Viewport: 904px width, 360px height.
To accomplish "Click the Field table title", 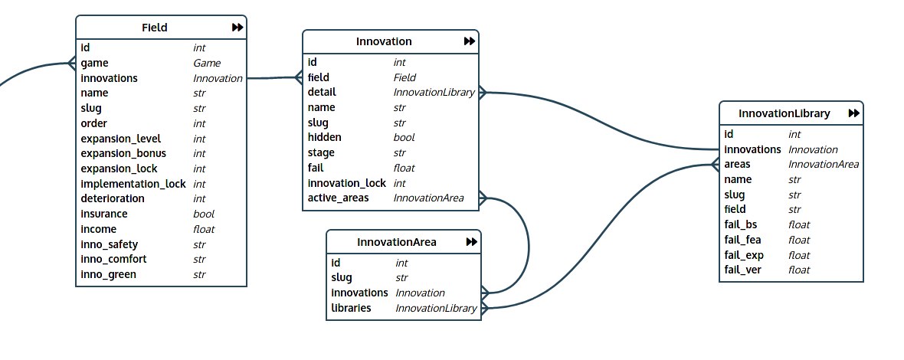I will coord(155,28).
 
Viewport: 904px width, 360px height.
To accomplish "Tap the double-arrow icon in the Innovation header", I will coord(470,42).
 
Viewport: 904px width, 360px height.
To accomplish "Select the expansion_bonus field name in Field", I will coord(123,153).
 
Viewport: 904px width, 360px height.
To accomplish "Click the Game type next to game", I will coord(207,64).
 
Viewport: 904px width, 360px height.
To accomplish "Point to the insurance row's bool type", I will coord(204,214).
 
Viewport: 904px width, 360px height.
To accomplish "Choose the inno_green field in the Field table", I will coord(109,274).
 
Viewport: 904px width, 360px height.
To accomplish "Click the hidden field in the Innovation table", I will coord(325,138).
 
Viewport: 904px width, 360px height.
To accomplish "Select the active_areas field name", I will coord(338,198).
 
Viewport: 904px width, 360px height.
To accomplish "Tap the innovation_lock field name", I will coord(346,183).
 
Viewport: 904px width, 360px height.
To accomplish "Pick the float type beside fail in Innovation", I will coord(404,168).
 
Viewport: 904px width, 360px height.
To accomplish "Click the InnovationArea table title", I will coord(397,242).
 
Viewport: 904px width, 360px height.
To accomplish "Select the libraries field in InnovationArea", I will coord(351,308).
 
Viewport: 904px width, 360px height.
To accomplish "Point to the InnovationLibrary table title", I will coord(784,113).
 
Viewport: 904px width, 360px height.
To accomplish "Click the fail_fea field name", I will coord(743,240).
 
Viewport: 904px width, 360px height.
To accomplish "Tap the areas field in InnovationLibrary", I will coord(737,165).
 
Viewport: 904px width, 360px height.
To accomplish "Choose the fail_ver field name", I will coord(743,270).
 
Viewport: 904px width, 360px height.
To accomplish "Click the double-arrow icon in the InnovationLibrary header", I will coord(853,113).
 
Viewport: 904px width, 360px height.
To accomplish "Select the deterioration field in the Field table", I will coord(113,198).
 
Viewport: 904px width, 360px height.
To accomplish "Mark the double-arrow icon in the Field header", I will coord(237,28).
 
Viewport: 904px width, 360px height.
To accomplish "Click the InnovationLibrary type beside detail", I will coord(434,93).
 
